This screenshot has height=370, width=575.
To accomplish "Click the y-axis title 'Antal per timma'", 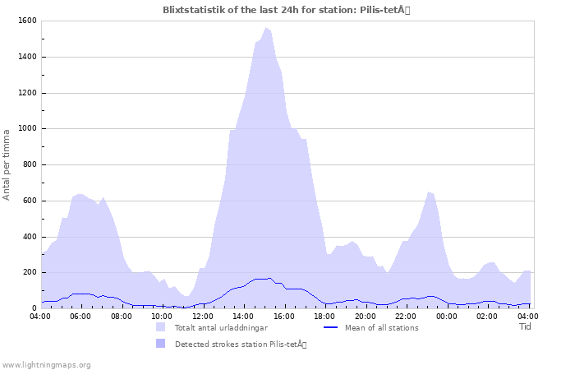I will [7, 164].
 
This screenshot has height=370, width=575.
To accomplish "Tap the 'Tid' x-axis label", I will [526, 326].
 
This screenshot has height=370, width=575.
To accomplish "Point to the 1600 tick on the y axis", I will [25, 21].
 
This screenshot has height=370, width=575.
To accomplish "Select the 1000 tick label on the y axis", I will [25, 128].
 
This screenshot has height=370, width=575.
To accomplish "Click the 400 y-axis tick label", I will [28, 237].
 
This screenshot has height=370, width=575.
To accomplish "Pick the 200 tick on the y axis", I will [28, 272].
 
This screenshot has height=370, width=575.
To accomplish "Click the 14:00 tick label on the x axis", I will [243, 316].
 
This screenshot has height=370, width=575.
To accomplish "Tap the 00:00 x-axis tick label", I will [446, 316].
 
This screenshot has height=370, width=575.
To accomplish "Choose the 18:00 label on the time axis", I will [324, 316].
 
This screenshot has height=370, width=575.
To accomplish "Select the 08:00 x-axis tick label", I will [122, 316].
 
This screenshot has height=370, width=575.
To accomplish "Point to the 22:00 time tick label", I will [406, 316].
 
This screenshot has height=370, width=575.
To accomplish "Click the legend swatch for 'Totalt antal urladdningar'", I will [161, 327].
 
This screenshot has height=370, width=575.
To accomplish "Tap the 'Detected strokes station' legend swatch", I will [161, 344].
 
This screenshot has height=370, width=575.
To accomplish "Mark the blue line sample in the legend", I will [331, 327].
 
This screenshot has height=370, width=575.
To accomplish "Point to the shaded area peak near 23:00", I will [429, 192].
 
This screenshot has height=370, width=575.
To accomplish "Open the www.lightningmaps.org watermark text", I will [47, 364].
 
